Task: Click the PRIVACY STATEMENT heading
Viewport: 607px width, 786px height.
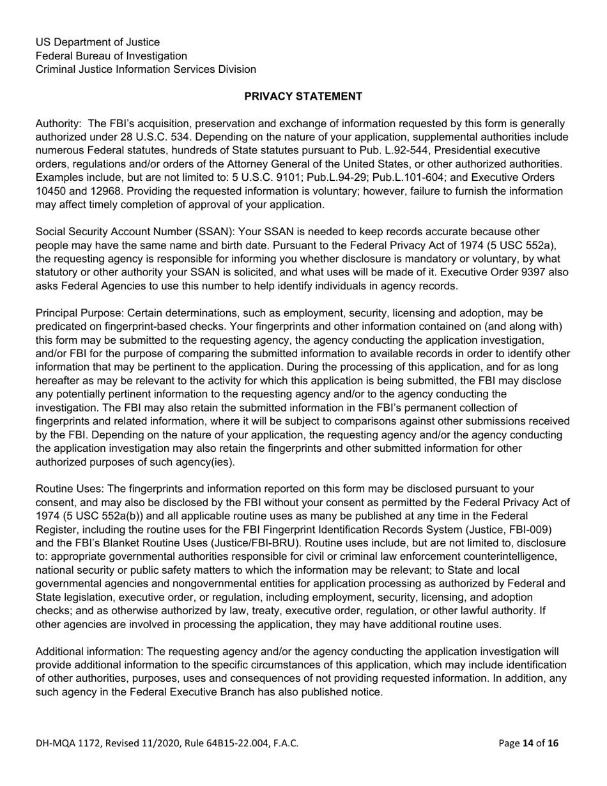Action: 303,96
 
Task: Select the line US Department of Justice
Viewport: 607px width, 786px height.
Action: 97,42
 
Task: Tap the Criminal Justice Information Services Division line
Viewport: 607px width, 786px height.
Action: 146,69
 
